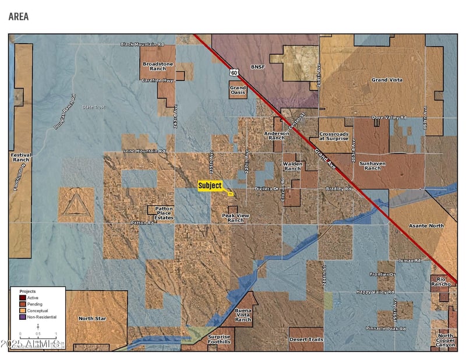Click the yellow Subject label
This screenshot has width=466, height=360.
tap(210, 186)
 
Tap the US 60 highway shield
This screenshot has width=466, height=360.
tap(234, 72)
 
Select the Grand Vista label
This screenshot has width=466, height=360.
tap(387, 79)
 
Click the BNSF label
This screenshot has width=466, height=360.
tap(257, 67)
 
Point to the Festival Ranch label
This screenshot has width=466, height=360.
tap(21, 157)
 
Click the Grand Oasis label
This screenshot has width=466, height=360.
tap(238, 90)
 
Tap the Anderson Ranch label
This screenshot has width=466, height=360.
tap(276, 136)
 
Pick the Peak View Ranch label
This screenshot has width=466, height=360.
tap(236, 218)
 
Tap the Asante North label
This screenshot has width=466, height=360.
tap(426, 225)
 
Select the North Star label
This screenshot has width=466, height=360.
tap(92, 319)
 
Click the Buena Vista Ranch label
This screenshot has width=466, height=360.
tap(243, 315)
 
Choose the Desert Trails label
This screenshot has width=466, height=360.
tap(306, 339)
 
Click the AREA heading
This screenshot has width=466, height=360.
tap(19, 16)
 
